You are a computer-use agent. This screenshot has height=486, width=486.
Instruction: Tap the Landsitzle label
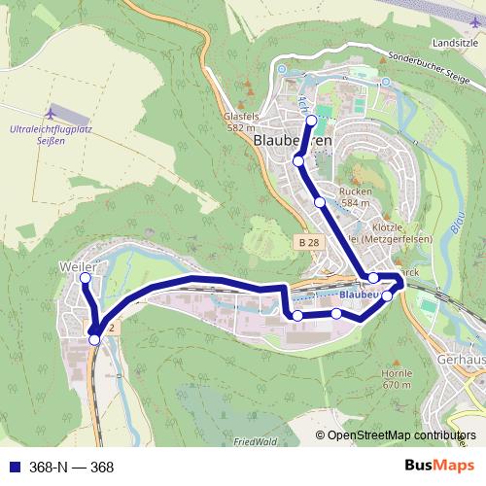tap(456, 44)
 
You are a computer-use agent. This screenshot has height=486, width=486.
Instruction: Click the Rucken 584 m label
tap(357, 197)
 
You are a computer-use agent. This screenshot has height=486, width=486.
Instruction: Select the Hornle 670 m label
tap(399, 379)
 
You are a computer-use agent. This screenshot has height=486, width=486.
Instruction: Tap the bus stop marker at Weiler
tap(85, 279)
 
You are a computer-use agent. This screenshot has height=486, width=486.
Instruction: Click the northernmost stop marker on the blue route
tap(311, 121)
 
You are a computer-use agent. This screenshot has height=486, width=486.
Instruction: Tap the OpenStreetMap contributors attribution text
tap(400, 436)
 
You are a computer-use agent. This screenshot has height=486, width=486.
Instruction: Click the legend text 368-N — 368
tap(74, 468)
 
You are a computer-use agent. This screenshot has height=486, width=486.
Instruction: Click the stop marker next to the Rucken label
tap(320, 201)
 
